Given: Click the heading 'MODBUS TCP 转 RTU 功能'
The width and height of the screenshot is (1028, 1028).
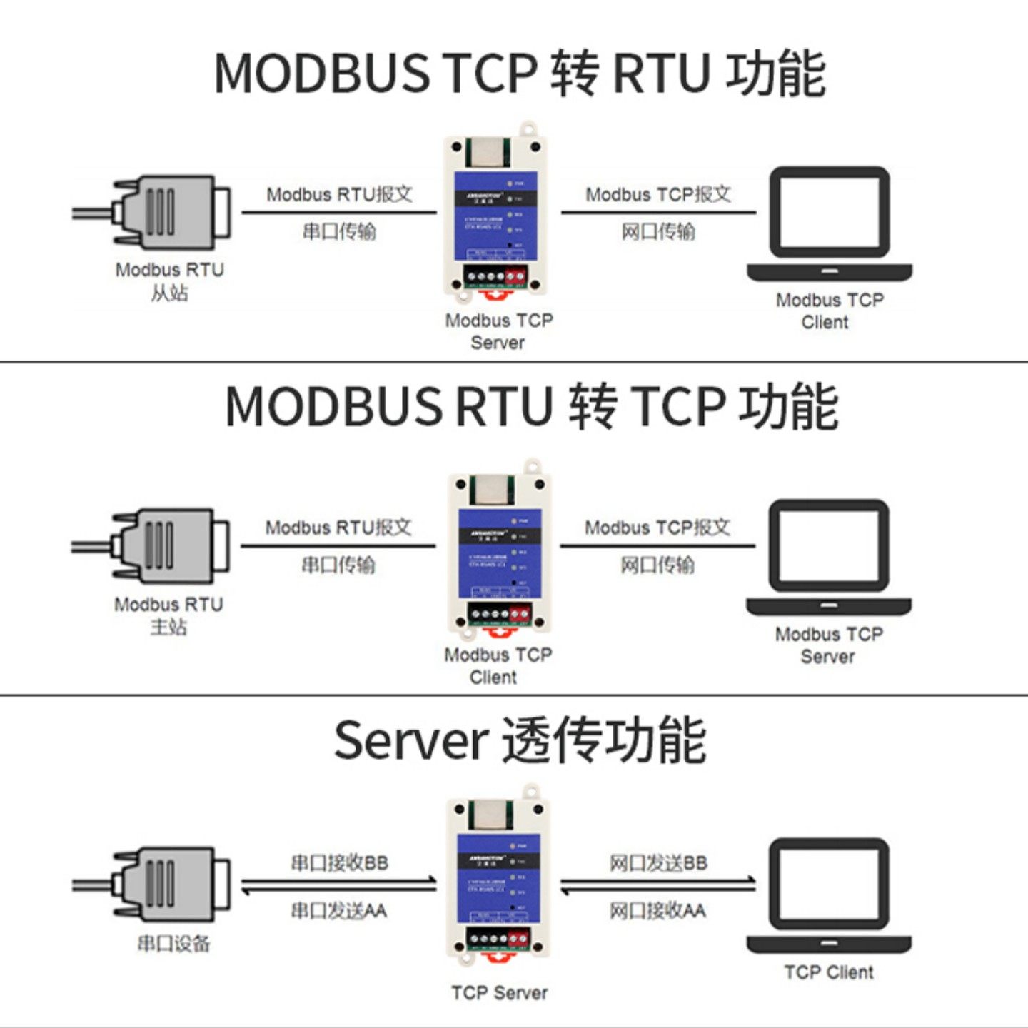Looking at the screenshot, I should coord(520,73).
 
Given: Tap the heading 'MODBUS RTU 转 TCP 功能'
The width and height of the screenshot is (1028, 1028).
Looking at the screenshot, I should coord(531,406).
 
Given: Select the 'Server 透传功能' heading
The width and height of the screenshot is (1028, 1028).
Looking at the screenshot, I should coord(520,740).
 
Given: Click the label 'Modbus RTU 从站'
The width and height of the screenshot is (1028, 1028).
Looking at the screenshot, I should coord(170,281).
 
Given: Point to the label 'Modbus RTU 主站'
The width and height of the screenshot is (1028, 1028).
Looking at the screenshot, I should coord(168,615).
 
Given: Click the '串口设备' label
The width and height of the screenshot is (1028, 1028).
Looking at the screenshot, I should coord(173,944).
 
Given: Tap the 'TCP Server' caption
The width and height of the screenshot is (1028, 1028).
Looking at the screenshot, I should coord(499,992).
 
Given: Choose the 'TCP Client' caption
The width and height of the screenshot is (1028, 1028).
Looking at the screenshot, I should coord(828,972).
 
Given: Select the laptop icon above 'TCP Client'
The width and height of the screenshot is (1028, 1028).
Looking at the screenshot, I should coord(829,896).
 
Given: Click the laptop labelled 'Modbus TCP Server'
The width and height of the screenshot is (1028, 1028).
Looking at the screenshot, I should coord(829,557).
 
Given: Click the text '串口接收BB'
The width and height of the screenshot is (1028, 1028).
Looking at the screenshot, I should coord(339,862).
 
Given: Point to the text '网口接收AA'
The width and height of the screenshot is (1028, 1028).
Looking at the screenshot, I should coord(657,910).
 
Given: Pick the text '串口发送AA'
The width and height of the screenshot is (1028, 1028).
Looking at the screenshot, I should coord(339,910).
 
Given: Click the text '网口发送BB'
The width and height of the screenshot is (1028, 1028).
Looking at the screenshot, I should coord(657,862).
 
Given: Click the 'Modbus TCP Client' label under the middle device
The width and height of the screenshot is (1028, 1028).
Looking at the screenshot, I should coord(498,665).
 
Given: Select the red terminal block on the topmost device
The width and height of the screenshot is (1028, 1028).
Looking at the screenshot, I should coord(515,276).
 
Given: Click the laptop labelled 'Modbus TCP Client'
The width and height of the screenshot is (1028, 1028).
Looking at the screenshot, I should coord(829,223).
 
